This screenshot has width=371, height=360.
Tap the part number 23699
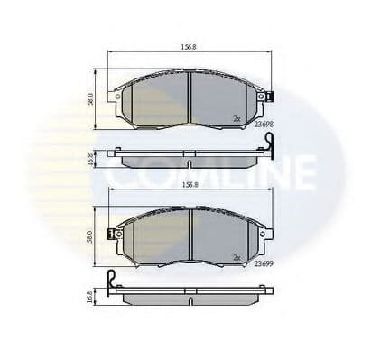click(265, 265)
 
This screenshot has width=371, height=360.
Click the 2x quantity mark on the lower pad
click(237, 256)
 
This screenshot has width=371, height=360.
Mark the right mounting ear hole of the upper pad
click(262, 95)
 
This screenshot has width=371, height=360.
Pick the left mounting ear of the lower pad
click(115, 234)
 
